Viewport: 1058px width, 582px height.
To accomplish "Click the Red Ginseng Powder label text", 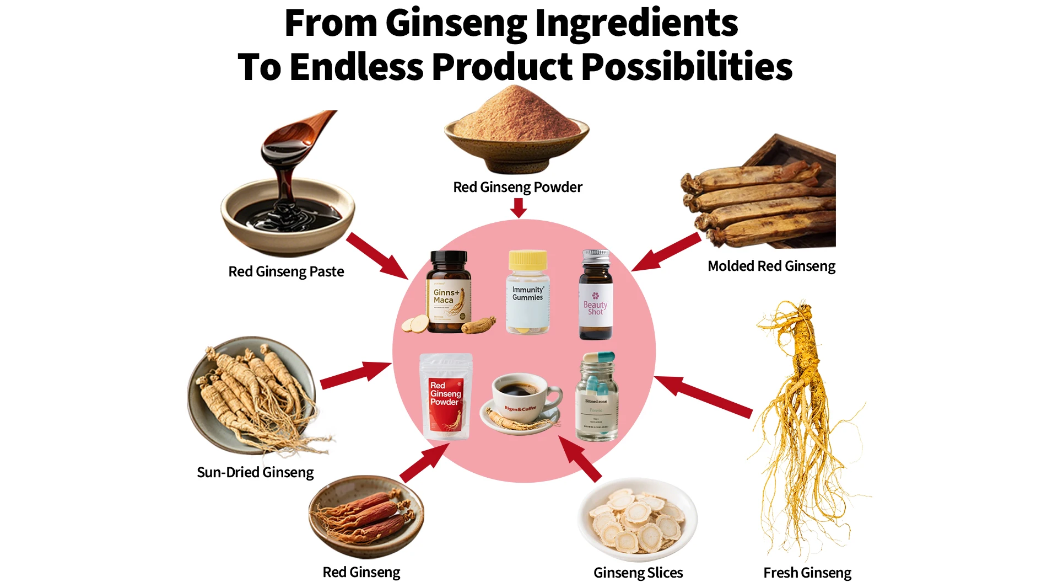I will click(x=517, y=188).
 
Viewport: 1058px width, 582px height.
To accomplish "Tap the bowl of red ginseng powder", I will click(x=516, y=135).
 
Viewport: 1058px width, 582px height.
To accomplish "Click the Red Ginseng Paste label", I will click(x=286, y=271).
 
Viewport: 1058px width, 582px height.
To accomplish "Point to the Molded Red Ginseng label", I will click(x=771, y=266).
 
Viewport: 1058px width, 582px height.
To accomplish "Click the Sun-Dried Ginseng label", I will click(x=255, y=472).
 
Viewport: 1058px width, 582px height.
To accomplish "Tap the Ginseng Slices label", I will click(x=638, y=573).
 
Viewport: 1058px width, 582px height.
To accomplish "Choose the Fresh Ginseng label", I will click(x=807, y=573).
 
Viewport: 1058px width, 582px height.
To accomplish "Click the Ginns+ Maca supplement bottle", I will click(x=449, y=292).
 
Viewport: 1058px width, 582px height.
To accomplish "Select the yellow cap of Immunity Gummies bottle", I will click(x=528, y=260).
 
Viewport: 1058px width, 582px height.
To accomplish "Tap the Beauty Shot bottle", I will click(x=596, y=298).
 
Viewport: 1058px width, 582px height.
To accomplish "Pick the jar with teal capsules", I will click(x=596, y=400).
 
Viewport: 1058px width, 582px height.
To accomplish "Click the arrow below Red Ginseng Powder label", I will click(x=518, y=207).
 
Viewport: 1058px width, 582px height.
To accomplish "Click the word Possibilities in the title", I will click(x=687, y=67).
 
